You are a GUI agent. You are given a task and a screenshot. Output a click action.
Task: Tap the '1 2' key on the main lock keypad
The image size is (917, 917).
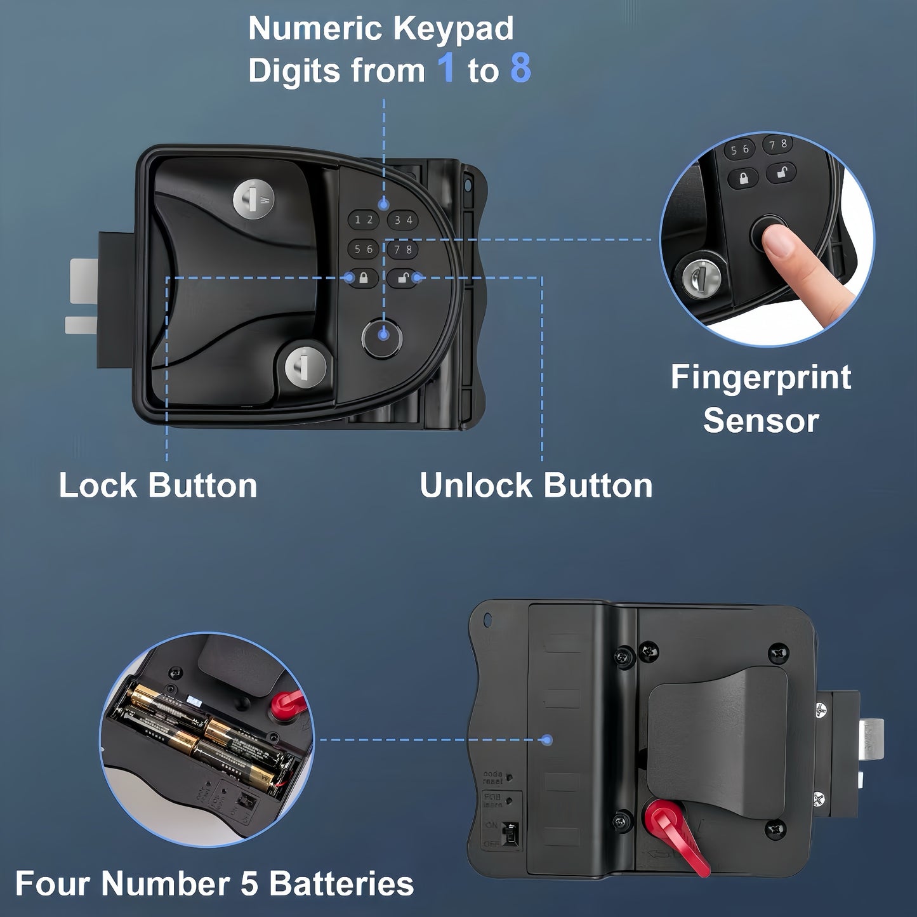coord(363,220)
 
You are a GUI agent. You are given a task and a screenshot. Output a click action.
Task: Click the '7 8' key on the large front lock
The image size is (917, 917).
coord(403,249)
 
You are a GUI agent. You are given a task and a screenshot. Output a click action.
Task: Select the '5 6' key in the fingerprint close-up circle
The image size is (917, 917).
coord(740,150)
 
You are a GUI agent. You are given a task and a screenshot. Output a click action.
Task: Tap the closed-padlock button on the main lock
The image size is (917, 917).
coord(364,278)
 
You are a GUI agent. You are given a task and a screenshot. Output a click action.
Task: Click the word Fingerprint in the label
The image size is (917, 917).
coord(760,378)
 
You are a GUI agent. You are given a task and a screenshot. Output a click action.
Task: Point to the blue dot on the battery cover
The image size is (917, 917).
coord(548,740)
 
